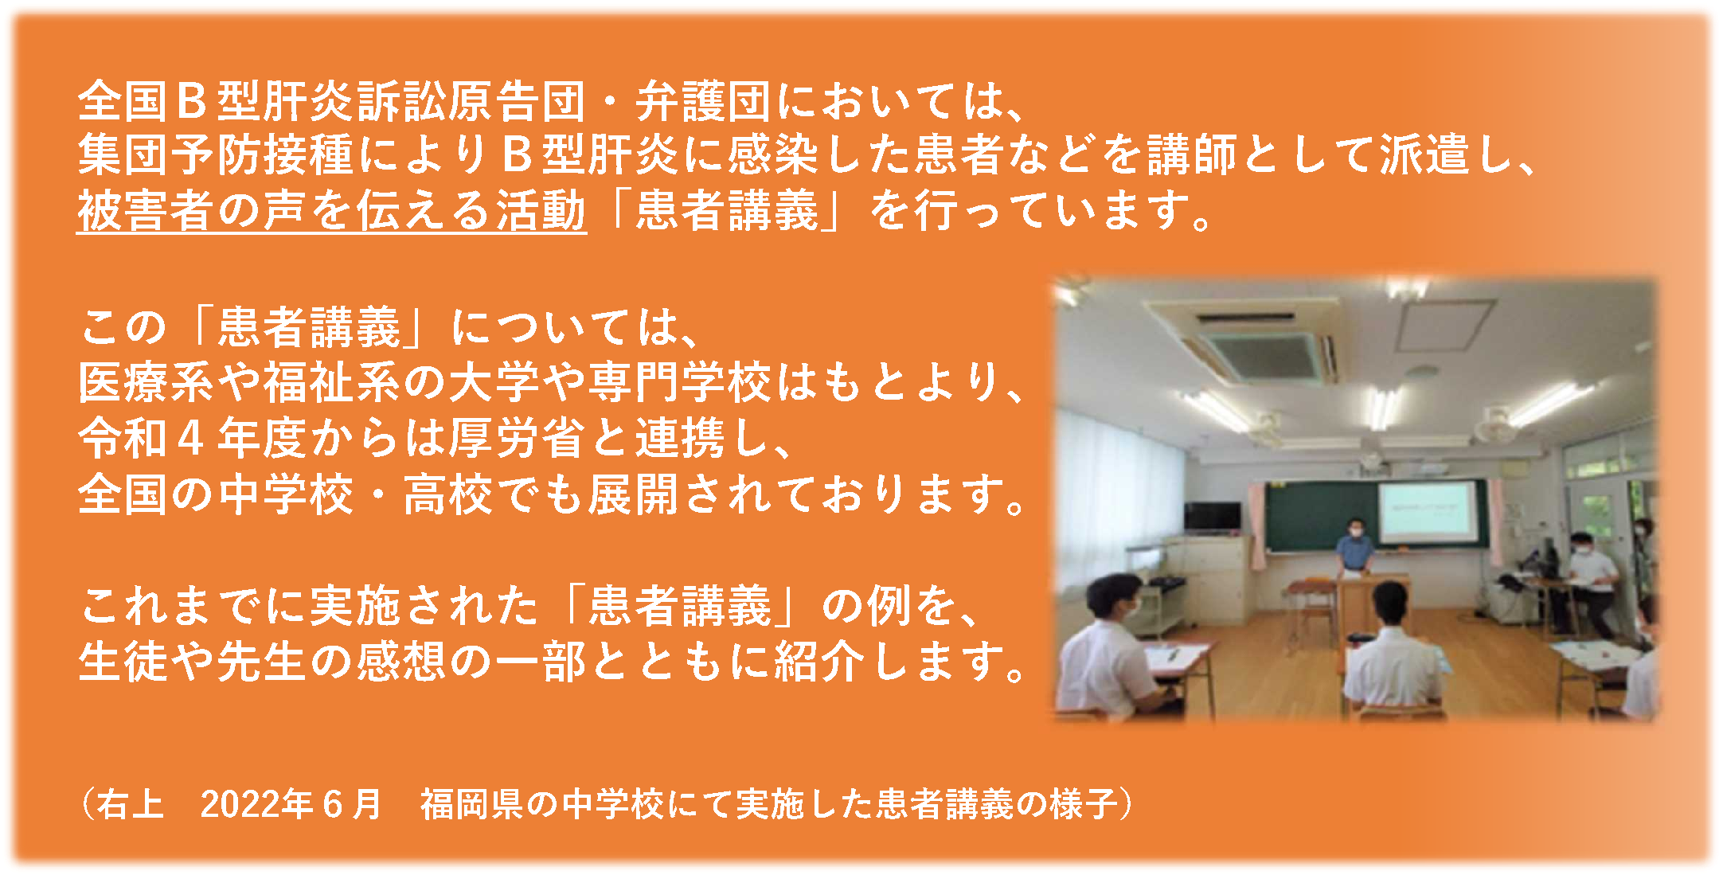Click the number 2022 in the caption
pyautogui.click(x=244, y=804)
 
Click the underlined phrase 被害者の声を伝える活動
pyautogui.click(x=331, y=211)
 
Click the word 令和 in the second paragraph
pyautogui.click(x=123, y=438)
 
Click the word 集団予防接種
pyautogui.click(x=216, y=154)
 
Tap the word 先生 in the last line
pyautogui.click(x=261, y=662)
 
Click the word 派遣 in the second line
pyautogui.click(x=1424, y=154)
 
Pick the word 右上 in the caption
pyautogui.click(x=131, y=804)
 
